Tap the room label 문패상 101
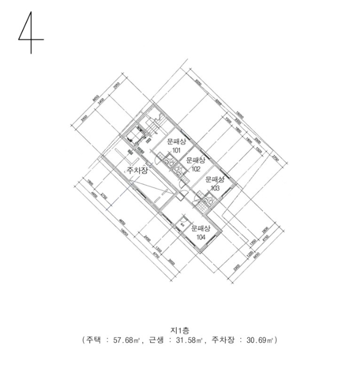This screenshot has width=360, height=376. pos(176,146)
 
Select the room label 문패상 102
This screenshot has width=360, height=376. pos(195,164)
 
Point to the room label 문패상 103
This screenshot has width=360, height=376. pos(214,184)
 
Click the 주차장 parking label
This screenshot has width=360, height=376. pos(136,171)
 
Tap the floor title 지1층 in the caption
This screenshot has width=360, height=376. pos(180,331)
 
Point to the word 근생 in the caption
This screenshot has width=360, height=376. pos(161,341)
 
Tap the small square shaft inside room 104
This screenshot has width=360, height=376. pos(183,222)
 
